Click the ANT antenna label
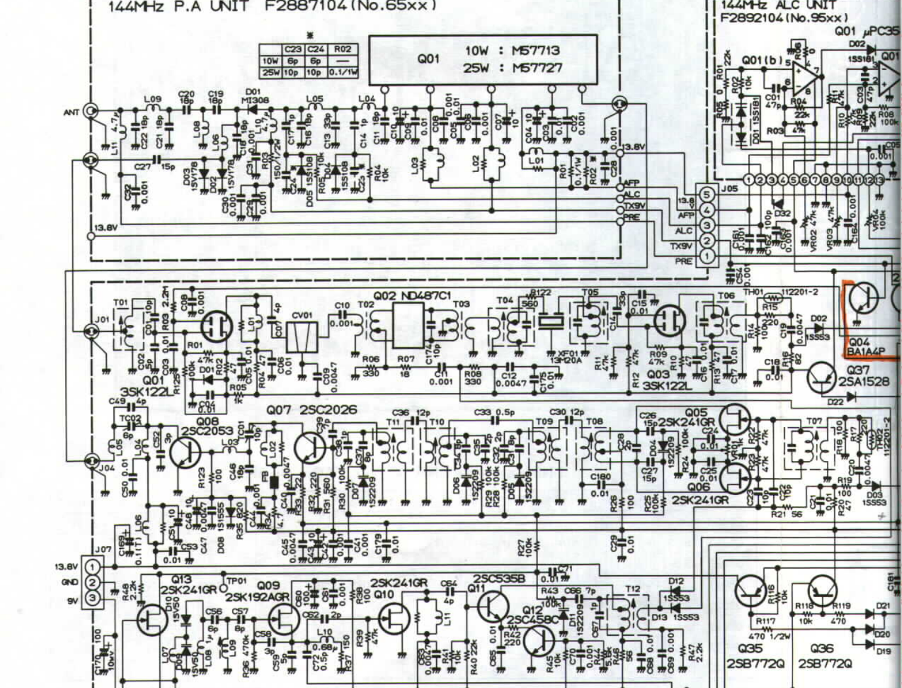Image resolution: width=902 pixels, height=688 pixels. (71, 112)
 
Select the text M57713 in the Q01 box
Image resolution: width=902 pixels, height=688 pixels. (536, 51)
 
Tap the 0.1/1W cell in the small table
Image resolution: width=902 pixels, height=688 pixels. (343, 72)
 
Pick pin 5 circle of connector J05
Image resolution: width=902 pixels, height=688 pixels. (707, 194)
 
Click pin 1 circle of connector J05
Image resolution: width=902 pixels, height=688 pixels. (707, 256)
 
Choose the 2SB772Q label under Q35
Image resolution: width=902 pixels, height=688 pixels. (754, 664)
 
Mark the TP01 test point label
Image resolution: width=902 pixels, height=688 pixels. (236, 580)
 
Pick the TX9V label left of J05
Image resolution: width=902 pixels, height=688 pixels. (681, 246)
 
